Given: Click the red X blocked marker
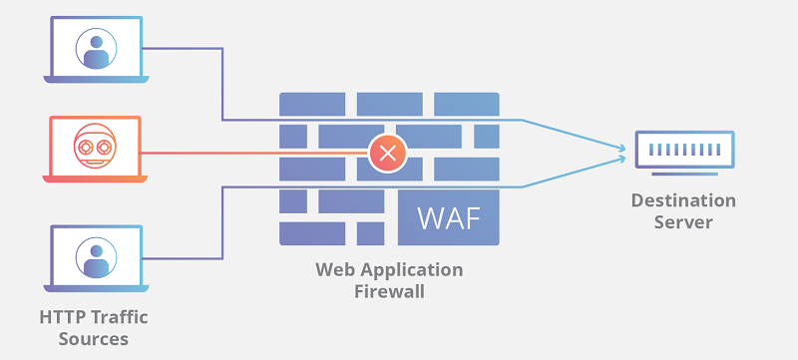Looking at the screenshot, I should point(386,153).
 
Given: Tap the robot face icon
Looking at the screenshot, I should point(96,147).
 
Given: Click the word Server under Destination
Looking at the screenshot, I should point(683,221).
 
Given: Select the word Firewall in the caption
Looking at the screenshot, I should point(389,291).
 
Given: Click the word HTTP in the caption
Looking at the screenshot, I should point(63,318).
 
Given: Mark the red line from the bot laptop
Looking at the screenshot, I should point(249,153).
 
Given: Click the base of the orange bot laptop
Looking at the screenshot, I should point(96,180).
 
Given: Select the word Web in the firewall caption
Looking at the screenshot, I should point(333,270).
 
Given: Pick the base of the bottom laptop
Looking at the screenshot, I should point(96,286).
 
